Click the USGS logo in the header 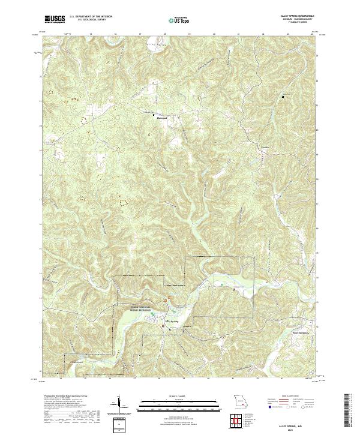click(x=54, y=20)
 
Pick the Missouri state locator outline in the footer click(x=239, y=401)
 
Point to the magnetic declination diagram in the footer click(x=119, y=404)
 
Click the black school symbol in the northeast click(x=283, y=96)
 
